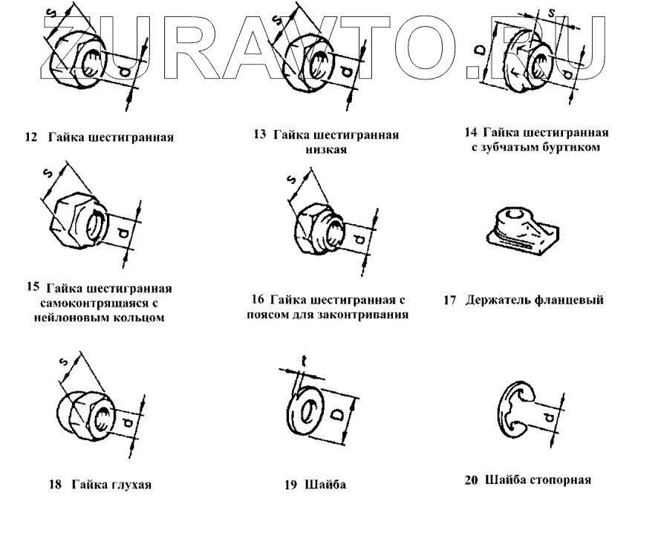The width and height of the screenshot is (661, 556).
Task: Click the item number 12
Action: tap(30, 138)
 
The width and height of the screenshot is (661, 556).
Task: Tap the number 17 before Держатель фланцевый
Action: tap(449, 301)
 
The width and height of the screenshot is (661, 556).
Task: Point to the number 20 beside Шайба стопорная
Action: tap(470, 480)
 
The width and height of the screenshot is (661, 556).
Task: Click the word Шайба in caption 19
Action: tap(326, 485)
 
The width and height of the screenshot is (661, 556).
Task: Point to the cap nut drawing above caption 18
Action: tap(84, 414)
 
